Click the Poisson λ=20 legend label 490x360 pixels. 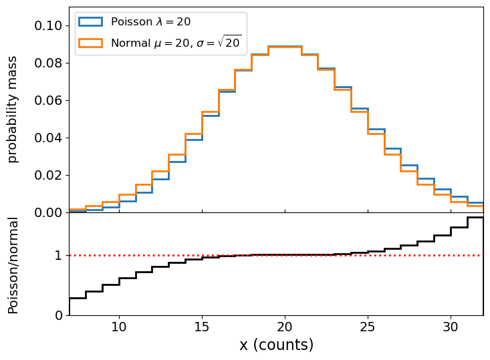[150, 22]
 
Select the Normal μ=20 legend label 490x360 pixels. [176, 43]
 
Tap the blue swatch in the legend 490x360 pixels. [90, 22]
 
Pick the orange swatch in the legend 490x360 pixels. [90, 43]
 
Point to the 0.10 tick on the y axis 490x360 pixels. [48, 26]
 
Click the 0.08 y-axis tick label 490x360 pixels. [48, 63]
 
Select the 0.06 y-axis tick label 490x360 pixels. [48, 101]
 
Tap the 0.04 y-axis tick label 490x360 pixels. [48, 138]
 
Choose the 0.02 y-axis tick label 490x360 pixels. [48, 176]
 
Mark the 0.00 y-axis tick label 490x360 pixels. [48, 213]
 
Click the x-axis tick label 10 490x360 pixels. [119, 327]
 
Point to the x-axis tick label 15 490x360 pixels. [202, 327]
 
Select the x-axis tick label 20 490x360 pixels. [285, 327]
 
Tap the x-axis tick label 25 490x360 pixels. [368, 327]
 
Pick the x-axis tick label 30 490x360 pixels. [451, 327]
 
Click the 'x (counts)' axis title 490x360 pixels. [276, 345]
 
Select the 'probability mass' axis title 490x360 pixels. [13, 110]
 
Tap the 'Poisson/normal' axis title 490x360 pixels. [13, 264]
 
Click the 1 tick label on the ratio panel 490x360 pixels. [59, 256]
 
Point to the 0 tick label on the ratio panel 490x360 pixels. [59, 315]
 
